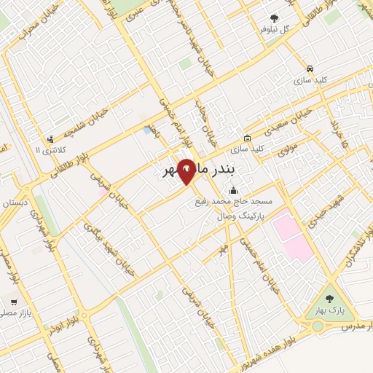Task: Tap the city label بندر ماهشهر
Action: click(197, 173)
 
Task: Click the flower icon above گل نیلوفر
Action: click(275, 18)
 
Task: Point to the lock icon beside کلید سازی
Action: click(248, 138)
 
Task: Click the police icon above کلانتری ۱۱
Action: click(50, 138)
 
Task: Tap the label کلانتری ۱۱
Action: click(50, 150)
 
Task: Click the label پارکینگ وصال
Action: click(240, 216)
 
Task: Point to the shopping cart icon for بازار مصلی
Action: click(13, 302)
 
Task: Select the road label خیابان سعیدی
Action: click(290, 121)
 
